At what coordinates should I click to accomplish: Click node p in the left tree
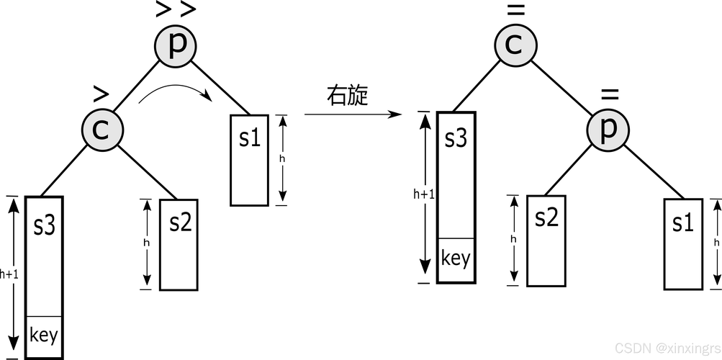click(176, 45)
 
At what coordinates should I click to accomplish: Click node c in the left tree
click(102, 130)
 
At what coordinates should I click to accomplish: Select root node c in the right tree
click(515, 44)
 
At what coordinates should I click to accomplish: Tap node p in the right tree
click(608, 130)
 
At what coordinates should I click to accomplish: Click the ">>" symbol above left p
click(176, 9)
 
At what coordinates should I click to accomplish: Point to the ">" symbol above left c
click(101, 94)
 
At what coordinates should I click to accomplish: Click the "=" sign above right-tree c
click(515, 9)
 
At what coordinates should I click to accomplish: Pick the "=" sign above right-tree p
click(610, 94)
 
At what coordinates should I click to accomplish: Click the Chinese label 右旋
click(348, 96)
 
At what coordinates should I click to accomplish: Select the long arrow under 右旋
click(353, 114)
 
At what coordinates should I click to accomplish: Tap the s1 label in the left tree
click(250, 138)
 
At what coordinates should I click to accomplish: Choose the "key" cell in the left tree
click(44, 337)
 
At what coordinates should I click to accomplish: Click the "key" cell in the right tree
click(456, 260)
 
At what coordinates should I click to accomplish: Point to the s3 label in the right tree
click(456, 138)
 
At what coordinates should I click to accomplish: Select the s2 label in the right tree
click(546, 217)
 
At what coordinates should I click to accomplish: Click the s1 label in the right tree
click(683, 223)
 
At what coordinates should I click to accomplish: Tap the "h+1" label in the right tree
click(423, 194)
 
